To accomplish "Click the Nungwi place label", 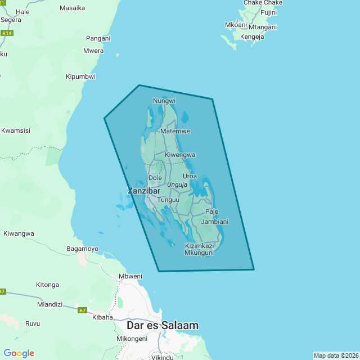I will [165, 101].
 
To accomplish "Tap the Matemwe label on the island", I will [175, 131].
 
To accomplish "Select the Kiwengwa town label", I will [180, 155].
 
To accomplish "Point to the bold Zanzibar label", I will [144, 191].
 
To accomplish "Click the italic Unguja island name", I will [177, 184].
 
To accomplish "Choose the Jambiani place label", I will [215, 222].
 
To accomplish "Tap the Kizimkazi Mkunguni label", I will [199, 249].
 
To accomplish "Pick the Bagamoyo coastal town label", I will [83, 249].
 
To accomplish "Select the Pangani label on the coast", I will [99, 38].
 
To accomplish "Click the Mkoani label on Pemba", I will [236, 25].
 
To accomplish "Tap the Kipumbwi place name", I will [80, 76].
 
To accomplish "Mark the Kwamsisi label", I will [16, 130].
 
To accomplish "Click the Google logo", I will [19, 353].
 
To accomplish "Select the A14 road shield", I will [6, 33].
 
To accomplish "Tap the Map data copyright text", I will [336, 355].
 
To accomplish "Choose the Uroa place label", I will [190, 176].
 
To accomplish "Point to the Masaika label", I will [72, 8].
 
